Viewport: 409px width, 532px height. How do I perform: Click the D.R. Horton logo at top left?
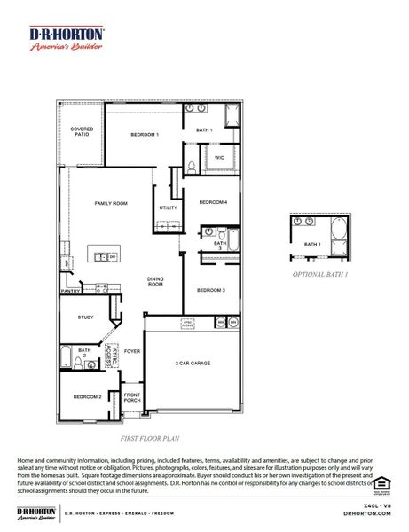pos(67,40)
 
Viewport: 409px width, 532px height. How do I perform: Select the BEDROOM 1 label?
pos(145,134)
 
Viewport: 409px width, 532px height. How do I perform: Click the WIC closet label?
pos(219,158)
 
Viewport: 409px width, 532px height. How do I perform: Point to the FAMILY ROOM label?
pos(111,203)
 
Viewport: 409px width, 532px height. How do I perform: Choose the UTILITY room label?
pos(168,207)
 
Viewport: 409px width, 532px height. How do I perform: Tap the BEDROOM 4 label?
pos(213,202)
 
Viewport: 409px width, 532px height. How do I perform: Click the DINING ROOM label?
pos(155,282)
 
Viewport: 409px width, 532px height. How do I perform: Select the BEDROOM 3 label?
pos(211,290)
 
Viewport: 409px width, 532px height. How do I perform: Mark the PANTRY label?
pos(70,290)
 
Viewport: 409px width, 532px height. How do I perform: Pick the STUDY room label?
pos(85,317)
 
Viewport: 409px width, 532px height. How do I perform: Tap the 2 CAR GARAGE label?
pos(193,364)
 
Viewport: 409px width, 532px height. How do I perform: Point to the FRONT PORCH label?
pos(131,398)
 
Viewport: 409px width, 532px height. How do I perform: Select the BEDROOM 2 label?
pos(87,396)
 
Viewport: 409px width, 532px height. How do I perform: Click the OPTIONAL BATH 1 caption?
pos(320,275)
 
